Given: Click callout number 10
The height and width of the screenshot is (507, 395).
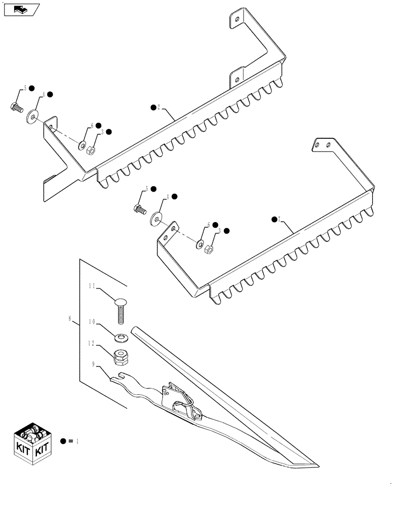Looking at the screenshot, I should pos(92,321).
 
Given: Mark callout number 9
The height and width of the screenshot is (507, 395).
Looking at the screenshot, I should pos(93,364).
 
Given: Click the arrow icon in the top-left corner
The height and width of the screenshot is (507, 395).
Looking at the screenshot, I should pos(20,10).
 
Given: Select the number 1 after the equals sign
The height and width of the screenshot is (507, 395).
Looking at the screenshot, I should pos(77,442).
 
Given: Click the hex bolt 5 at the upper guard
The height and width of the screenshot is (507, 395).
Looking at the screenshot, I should pos(15,107).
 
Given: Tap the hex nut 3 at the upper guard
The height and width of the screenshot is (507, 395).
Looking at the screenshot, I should pos(91,151).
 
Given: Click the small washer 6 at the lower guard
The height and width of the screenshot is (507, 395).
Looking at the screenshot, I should pos(200,245).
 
